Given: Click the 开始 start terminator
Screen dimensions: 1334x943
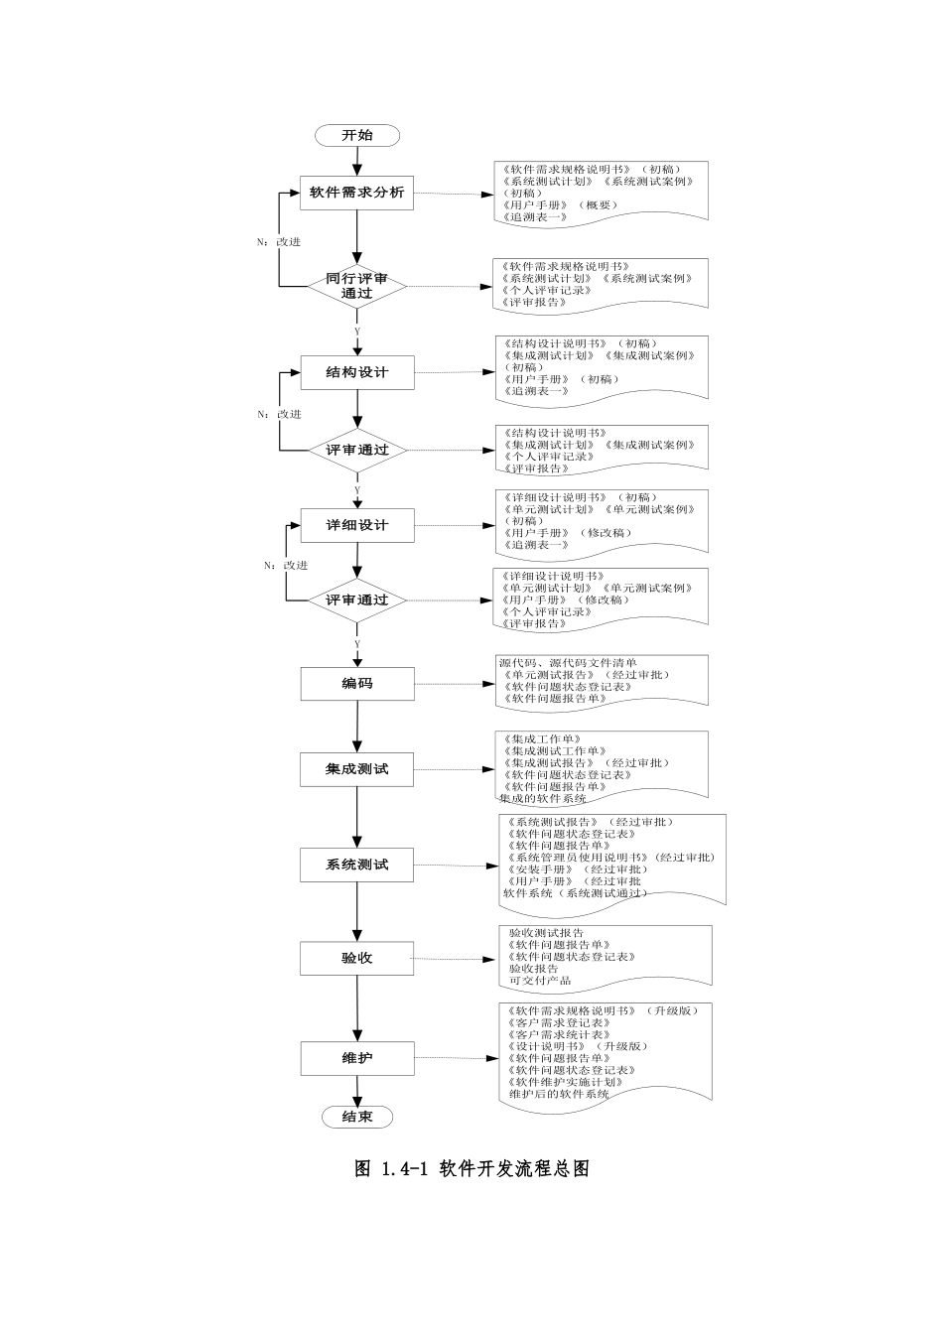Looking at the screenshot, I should point(357,136).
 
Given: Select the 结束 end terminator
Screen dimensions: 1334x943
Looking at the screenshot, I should point(357,1117).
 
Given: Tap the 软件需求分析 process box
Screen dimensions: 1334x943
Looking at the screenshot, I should point(356,193).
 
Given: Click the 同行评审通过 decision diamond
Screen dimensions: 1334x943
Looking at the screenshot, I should point(356,286).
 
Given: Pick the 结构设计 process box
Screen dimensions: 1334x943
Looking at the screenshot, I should point(357,372).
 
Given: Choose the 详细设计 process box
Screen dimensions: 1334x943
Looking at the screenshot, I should point(357,525).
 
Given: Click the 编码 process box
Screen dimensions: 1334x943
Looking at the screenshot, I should point(357,683).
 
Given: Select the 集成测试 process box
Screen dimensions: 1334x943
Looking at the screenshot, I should point(357,769).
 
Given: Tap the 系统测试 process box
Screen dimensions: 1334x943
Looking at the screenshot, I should point(357,865).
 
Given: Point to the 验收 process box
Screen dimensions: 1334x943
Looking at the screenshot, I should point(357,958).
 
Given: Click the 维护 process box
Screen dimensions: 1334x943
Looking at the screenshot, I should point(357,1058).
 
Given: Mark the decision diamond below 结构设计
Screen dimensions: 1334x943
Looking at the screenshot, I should point(357,450).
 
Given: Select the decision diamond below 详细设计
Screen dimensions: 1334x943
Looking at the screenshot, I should point(357,600).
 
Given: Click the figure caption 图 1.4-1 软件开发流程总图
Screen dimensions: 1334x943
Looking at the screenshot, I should point(471,1168).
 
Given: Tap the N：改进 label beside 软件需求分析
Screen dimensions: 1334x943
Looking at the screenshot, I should point(279,241).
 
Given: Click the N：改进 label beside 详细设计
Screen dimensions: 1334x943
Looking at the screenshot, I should point(286,565).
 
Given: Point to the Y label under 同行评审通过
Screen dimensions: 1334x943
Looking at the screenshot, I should point(357,332).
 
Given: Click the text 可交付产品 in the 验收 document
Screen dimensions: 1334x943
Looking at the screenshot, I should point(540,981).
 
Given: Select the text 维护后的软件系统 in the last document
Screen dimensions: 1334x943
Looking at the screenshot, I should point(559,1094).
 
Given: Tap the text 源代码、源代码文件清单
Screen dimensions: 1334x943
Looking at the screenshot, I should point(568,663).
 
